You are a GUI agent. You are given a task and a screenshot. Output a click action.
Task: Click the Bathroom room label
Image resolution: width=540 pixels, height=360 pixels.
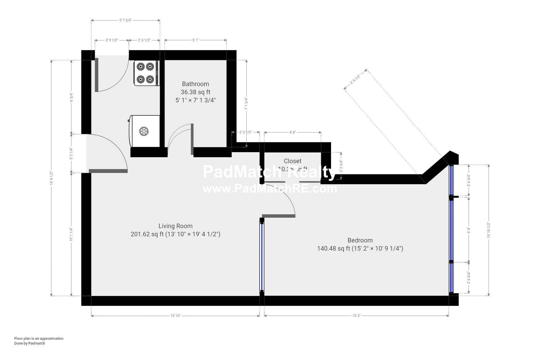(x=195, y=84)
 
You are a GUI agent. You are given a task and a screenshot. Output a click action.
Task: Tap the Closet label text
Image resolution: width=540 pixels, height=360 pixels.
(x=292, y=161)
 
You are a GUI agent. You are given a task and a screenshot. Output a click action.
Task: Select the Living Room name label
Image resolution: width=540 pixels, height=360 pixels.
(x=175, y=226)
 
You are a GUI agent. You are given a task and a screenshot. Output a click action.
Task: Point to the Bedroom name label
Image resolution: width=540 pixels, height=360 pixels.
(x=360, y=240)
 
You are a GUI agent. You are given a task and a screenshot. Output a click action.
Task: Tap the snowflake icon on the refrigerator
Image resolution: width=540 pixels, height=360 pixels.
(x=144, y=131)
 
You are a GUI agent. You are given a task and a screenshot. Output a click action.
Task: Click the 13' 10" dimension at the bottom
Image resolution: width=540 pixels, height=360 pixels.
(x=175, y=316)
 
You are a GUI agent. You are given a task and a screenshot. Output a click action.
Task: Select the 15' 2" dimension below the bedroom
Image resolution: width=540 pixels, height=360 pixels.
(x=356, y=316)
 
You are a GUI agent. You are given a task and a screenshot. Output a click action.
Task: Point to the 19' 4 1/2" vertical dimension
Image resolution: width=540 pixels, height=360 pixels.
(x=51, y=178)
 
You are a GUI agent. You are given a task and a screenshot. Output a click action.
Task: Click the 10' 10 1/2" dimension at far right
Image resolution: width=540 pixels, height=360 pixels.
(x=489, y=230)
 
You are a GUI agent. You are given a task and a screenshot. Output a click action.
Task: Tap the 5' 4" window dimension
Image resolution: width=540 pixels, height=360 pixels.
(x=469, y=230)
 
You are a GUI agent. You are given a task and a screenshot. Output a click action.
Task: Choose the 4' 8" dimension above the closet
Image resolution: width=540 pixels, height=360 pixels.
(x=292, y=132)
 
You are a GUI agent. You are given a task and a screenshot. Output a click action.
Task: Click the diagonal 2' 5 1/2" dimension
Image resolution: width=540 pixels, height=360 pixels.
(x=355, y=79)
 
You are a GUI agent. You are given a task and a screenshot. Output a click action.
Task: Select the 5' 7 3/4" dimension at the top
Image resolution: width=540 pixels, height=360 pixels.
(x=125, y=20)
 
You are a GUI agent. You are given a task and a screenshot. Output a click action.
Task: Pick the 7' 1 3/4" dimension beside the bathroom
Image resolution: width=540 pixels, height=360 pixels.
(x=247, y=103)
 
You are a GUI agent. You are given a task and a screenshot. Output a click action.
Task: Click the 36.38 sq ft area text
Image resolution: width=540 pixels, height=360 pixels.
(x=195, y=92)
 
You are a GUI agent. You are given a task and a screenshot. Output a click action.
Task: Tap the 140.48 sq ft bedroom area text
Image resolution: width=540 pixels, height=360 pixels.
(x=334, y=249)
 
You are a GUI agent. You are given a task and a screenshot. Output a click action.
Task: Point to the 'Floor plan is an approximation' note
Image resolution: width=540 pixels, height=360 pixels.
(x=39, y=338)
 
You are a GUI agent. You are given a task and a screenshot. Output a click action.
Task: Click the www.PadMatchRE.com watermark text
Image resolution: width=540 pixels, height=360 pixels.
(x=270, y=189)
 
